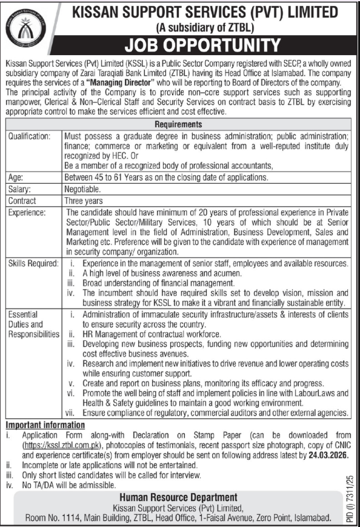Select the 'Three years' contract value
click(x=84, y=201)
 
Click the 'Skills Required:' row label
click(x=33, y=264)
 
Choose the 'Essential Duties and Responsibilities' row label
click(x=33, y=324)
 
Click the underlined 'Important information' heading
click(x=45, y=425)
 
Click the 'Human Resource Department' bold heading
click(x=179, y=498)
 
